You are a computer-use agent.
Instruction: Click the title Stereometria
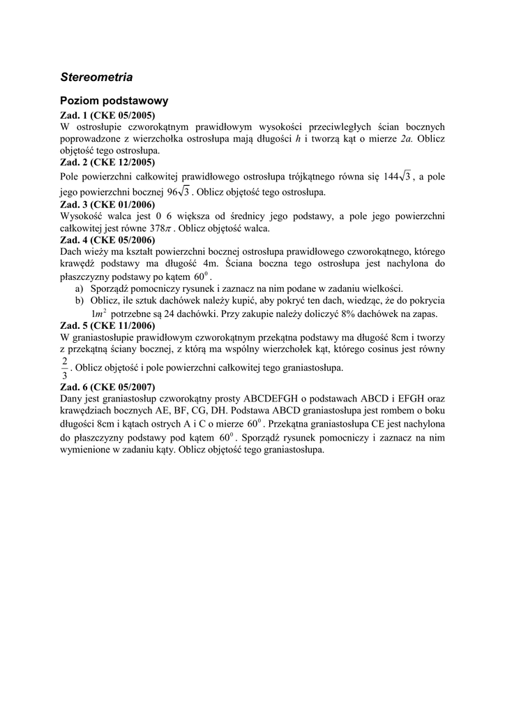(x=96, y=76)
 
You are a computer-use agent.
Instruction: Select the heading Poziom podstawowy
(x=114, y=101)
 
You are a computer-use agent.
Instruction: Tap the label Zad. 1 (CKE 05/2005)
(x=107, y=115)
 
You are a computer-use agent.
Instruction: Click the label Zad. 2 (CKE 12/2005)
(x=107, y=162)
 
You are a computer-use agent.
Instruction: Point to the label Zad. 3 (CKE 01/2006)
(x=107, y=205)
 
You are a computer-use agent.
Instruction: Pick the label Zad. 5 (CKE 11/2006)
(x=107, y=325)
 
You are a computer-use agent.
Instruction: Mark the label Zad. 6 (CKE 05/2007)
(x=107, y=387)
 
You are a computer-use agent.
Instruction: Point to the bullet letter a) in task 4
(x=79, y=288)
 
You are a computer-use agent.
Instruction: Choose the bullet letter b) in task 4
(x=80, y=300)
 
